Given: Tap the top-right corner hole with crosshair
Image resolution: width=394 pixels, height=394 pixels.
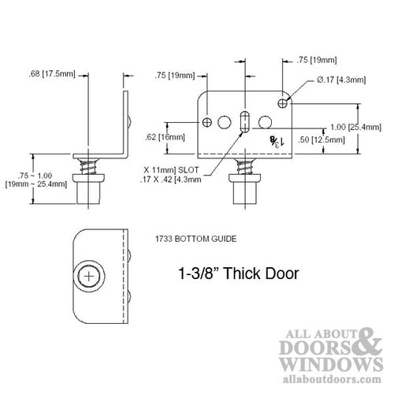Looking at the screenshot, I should (283, 102).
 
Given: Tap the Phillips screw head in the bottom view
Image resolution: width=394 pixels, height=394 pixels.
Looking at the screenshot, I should (91, 277).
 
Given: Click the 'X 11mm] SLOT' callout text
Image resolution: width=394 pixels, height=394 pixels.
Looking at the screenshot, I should (171, 169).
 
